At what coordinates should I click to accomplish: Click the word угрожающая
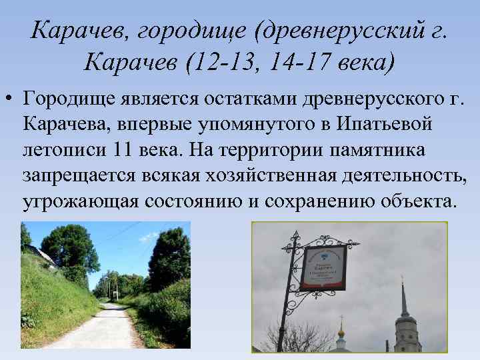pos(83,201)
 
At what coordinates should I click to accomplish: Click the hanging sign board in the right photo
pos(323,267)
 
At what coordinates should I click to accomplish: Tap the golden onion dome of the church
pos(341,329)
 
